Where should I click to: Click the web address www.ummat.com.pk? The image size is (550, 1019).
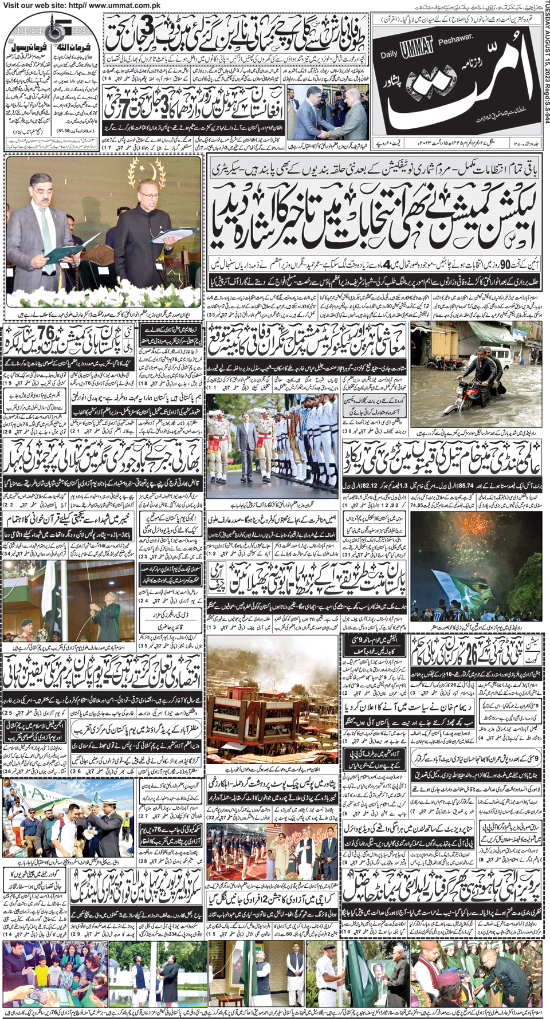124,5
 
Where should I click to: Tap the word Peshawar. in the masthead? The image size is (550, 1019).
455,39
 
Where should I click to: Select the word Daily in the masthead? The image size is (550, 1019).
389,54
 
